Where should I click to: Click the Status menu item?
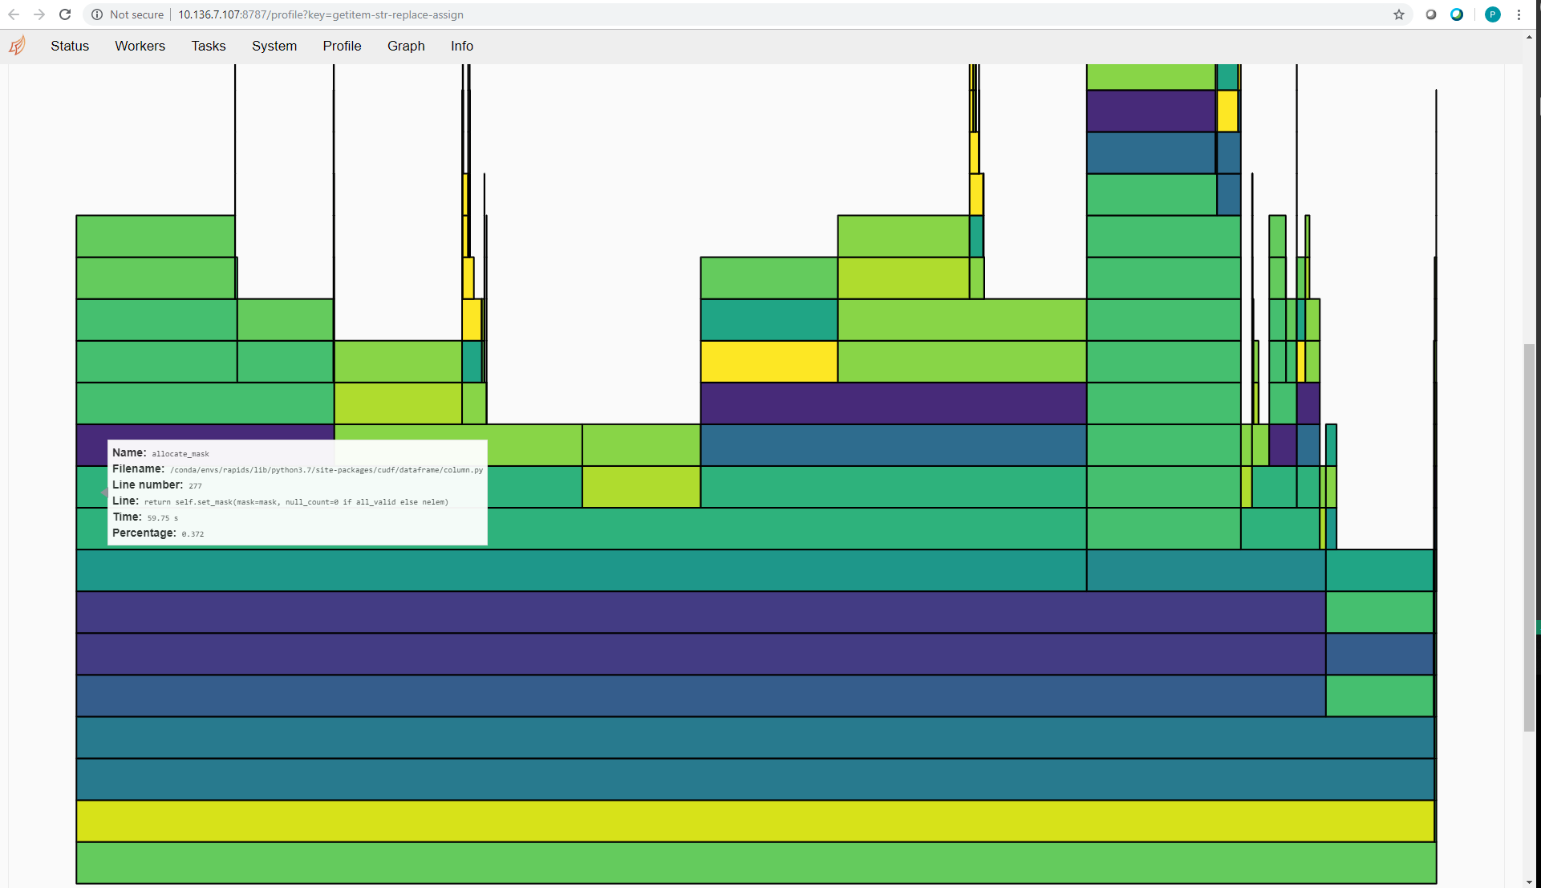(70, 46)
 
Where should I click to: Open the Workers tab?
(140, 46)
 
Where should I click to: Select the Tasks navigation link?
(209, 46)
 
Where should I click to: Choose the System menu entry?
(274, 46)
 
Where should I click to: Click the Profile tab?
(342, 46)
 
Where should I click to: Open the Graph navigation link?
(406, 46)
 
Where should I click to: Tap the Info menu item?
(462, 46)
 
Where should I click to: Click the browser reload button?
(65, 14)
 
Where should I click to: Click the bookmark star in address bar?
(1399, 14)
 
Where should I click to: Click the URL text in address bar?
(321, 14)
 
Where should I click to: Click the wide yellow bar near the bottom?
(754, 821)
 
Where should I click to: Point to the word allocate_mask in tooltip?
(180, 454)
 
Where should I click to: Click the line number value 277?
(195, 486)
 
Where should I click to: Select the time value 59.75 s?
(163, 518)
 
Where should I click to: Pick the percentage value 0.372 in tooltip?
(193, 534)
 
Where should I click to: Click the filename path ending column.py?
(326, 470)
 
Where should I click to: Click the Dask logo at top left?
(18, 46)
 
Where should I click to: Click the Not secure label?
(136, 14)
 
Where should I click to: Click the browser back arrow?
(14, 14)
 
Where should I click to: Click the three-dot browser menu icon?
(1519, 14)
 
